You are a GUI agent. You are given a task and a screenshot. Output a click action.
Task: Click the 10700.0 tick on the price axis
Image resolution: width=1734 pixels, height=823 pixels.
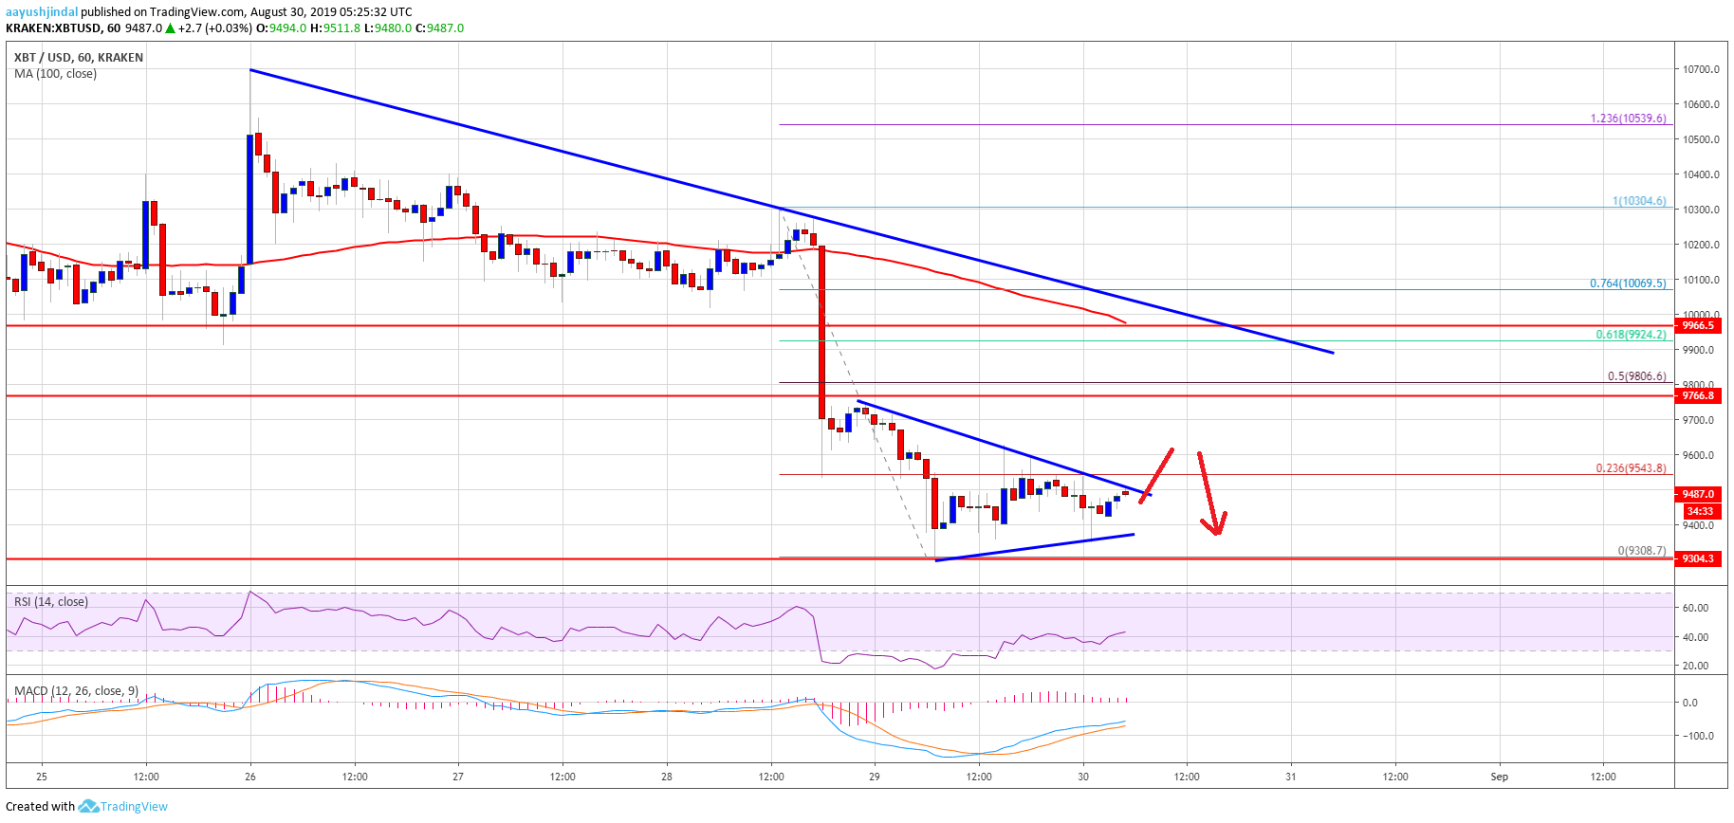[1701, 69]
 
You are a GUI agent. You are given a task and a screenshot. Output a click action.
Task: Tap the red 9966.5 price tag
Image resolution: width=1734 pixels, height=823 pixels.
[1698, 325]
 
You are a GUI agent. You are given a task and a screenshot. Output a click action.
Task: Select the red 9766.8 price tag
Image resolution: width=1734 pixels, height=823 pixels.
[1698, 395]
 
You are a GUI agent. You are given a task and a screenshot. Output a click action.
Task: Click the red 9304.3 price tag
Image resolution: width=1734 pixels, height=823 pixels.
[1698, 558]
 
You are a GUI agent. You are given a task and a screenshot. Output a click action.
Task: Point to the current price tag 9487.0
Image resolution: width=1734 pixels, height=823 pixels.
[1698, 494]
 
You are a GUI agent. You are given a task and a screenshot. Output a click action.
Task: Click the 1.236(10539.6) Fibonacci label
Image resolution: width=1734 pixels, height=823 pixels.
[1628, 119]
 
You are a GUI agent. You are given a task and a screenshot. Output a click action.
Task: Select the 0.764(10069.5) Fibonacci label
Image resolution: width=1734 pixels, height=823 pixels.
[1628, 283]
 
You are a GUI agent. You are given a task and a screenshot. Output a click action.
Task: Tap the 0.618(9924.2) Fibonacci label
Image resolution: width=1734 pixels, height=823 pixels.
[1631, 335]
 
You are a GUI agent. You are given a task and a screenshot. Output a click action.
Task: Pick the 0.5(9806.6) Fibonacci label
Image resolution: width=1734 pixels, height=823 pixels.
[1636, 376]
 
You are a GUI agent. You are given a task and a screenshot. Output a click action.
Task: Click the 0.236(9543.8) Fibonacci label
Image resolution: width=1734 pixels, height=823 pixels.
[1631, 468]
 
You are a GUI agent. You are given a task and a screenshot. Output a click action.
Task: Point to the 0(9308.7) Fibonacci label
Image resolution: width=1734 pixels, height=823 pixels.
[1641, 551]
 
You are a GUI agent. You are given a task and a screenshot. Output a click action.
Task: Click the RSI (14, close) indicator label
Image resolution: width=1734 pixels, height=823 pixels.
[51, 602]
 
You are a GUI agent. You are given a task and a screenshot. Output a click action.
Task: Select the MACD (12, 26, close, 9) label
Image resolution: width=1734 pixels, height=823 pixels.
[76, 690]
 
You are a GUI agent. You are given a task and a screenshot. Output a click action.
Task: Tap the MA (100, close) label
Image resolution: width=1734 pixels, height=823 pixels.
[55, 74]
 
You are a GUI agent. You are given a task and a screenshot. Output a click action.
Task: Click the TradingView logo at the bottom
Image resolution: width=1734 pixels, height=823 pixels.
[122, 807]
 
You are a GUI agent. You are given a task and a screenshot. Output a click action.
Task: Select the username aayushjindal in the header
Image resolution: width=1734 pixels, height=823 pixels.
[42, 12]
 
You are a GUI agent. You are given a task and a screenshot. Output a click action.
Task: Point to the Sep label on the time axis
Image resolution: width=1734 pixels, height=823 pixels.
[1499, 777]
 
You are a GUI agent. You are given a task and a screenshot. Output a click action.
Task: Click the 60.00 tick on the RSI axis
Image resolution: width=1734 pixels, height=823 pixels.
[1695, 608]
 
